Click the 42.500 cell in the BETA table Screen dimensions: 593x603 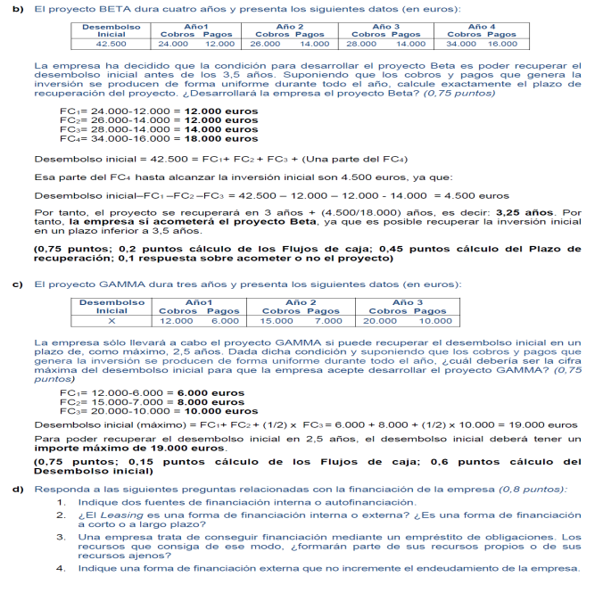111,43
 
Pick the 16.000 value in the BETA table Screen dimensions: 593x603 502,43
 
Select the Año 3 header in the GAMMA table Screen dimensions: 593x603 408,303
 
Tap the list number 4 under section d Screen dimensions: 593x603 60,567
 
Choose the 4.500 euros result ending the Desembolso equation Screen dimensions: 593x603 463,194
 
